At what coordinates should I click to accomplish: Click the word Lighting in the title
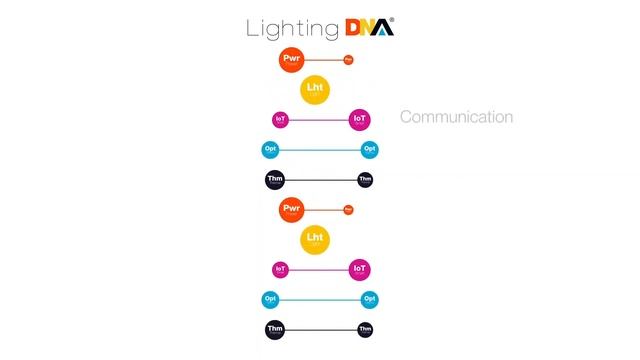coord(285,28)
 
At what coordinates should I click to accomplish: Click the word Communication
coord(456,117)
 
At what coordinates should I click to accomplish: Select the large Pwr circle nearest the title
coord(292,60)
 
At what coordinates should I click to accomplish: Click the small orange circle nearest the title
coord(348,60)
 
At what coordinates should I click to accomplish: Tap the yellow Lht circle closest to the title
coord(315,90)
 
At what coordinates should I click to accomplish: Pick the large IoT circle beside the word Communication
coord(360,120)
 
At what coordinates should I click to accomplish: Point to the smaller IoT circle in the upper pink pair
coord(280,120)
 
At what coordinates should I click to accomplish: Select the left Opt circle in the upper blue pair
coord(270,150)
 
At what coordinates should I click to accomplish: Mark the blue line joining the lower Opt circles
coord(319,299)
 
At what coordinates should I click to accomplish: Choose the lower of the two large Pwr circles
coord(292,209)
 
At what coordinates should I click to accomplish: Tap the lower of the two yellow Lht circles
coord(315,239)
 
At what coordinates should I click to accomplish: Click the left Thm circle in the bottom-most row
coord(275,329)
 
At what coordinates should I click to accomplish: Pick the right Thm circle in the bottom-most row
coord(365,329)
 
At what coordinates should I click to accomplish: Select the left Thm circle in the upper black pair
coord(275,180)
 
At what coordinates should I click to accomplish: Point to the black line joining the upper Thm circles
coord(320,180)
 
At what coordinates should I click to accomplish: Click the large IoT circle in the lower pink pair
coord(360,269)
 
